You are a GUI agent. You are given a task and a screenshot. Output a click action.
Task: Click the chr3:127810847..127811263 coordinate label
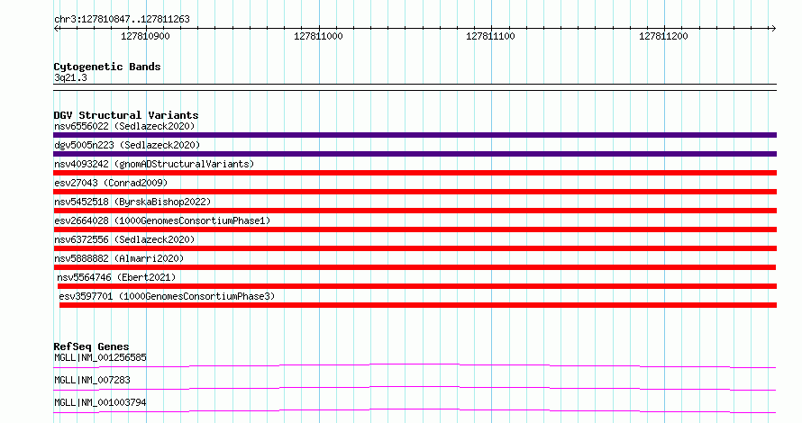tap(122, 20)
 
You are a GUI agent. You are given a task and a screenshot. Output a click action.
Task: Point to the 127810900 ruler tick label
tap(145, 36)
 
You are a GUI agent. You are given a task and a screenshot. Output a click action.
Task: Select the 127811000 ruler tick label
tap(318, 36)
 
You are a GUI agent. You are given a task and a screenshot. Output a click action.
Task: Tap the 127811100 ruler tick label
tap(490, 36)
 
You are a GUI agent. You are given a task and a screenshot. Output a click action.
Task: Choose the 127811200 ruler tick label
tap(663, 36)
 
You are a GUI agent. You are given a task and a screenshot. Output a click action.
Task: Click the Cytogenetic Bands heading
tap(107, 67)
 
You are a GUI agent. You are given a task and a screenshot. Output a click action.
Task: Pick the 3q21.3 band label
tap(70, 77)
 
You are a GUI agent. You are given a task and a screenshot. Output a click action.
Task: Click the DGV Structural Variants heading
tap(126, 115)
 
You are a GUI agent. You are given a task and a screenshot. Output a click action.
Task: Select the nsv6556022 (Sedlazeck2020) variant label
tap(124, 126)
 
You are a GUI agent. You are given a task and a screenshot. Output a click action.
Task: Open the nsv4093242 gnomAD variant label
tap(154, 164)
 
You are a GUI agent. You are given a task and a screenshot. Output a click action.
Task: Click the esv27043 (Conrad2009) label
tap(111, 183)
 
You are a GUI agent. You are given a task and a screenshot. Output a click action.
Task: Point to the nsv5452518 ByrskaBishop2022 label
tap(132, 202)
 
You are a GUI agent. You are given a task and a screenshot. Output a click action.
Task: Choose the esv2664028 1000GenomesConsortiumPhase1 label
tap(162, 220)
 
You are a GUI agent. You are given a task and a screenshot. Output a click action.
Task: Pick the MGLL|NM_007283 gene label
tap(92, 380)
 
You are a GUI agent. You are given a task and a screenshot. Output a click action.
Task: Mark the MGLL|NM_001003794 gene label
tap(100, 402)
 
